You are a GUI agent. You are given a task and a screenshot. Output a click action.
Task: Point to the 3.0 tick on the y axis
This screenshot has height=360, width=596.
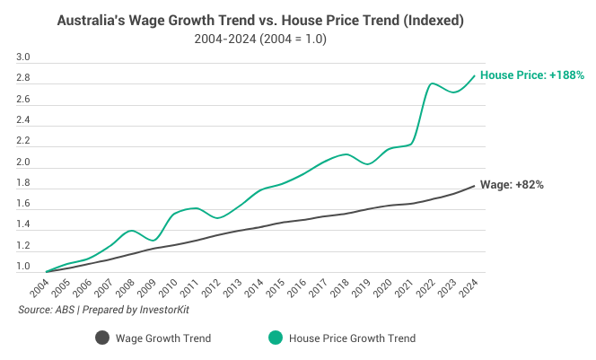click(x=24, y=58)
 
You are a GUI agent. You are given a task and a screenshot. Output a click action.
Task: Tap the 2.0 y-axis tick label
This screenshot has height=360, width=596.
click(x=24, y=163)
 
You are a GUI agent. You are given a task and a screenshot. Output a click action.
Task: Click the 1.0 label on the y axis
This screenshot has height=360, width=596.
click(x=24, y=268)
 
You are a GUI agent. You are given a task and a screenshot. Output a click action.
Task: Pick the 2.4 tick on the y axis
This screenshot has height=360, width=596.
click(x=24, y=121)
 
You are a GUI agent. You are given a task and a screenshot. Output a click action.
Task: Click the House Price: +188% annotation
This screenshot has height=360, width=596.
click(x=532, y=75)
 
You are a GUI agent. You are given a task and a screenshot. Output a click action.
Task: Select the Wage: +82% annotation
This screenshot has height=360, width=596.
click(x=513, y=184)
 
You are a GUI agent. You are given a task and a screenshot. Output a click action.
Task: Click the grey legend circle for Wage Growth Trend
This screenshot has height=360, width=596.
click(x=102, y=338)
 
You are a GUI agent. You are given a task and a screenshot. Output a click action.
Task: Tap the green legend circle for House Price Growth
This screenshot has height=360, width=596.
click(x=275, y=338)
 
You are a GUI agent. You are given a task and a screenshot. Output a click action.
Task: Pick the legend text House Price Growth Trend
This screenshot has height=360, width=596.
click(x=353, y=338)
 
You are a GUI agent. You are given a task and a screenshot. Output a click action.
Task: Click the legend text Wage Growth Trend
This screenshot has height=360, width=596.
click(x=164, y=338)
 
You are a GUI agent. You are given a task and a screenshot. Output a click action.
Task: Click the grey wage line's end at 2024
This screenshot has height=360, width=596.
click(x=475, y=186)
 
